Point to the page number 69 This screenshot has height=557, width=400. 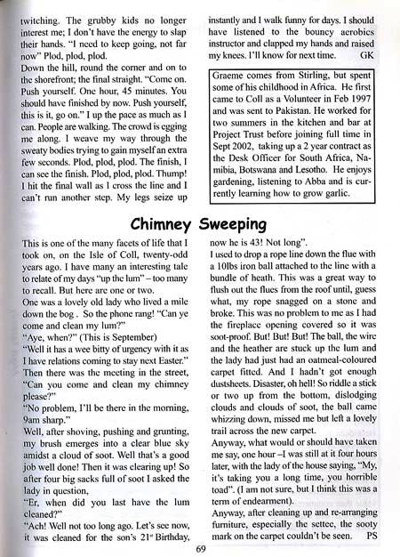tap(201, 546)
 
